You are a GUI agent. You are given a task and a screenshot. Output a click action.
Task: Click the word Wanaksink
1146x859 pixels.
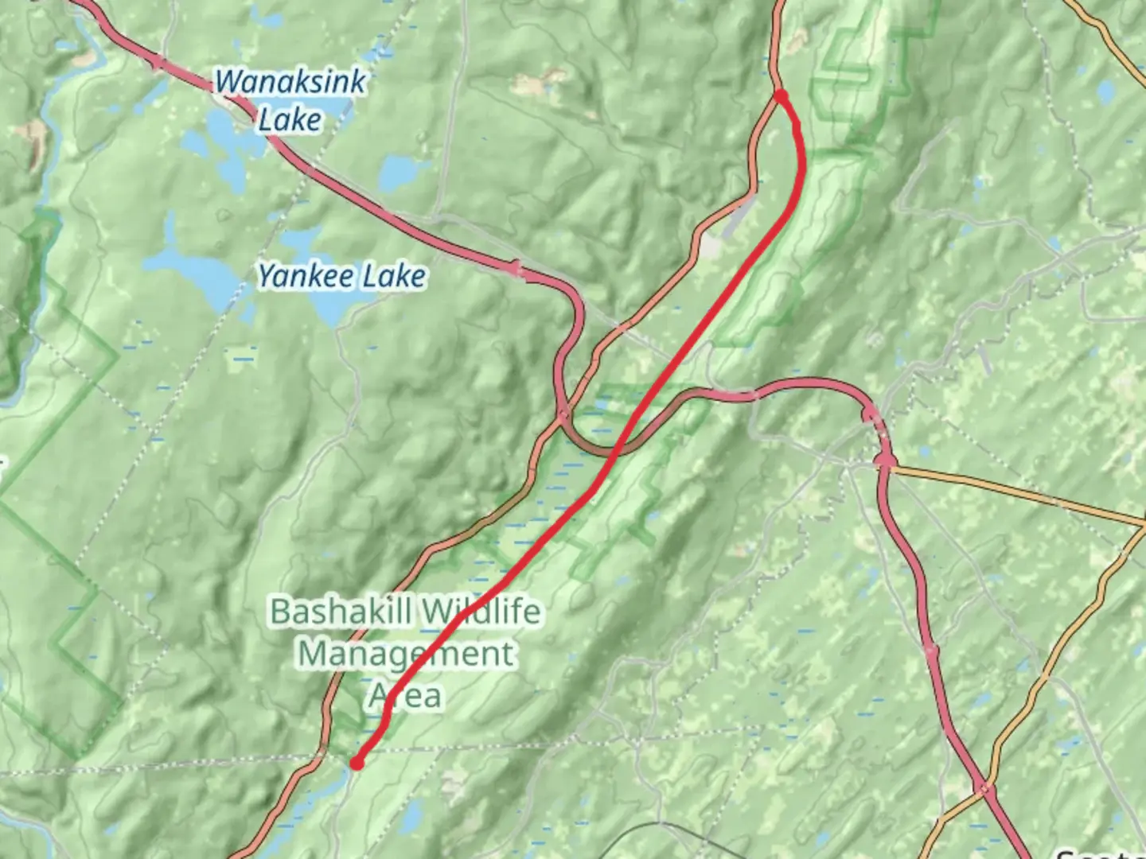290,82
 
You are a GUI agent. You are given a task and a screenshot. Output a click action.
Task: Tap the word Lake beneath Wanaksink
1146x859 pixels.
290,120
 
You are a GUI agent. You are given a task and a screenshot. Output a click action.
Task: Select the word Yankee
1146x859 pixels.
306,277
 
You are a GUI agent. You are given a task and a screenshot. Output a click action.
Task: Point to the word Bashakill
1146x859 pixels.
341,612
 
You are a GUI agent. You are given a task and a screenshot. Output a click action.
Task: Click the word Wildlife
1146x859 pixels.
481,612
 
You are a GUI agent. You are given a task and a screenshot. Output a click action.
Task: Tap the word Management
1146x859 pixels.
407,654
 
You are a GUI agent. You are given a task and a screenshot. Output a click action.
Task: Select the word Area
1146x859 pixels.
405,696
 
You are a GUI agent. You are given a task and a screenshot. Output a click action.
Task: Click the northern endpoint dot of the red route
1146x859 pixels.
781,96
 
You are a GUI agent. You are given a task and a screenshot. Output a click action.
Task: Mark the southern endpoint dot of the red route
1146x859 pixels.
357,764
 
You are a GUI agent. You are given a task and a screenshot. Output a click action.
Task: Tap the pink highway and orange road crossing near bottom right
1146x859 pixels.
986,789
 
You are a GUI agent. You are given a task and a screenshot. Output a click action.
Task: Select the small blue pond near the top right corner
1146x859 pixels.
1107,93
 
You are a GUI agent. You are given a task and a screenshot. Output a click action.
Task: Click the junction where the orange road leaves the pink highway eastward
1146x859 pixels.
886,461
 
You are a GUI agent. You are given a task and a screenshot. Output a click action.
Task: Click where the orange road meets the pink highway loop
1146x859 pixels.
563,414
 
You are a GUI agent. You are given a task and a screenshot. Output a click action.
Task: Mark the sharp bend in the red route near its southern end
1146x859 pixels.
386,708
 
